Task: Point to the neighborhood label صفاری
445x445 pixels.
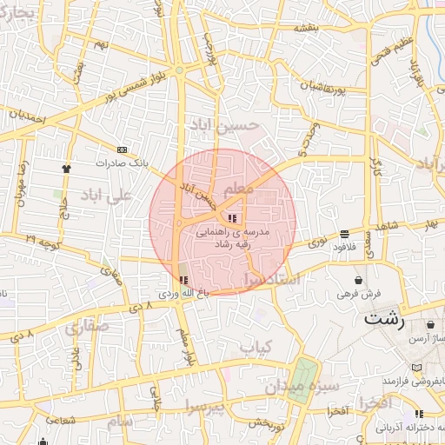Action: [87, 328]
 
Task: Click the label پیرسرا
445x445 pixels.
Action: [203, 407]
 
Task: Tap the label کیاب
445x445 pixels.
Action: [256, 348]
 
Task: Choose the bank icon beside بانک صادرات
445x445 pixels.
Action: [121, 149]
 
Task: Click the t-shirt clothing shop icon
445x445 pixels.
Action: [66, 168]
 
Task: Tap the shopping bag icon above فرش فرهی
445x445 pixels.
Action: [360, 280]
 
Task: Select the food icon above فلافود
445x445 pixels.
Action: [345, 234]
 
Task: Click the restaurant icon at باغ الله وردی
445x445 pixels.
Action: [183, 280]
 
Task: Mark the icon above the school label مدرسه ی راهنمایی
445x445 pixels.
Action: [231, 217]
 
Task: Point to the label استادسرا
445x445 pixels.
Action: [272, 280]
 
